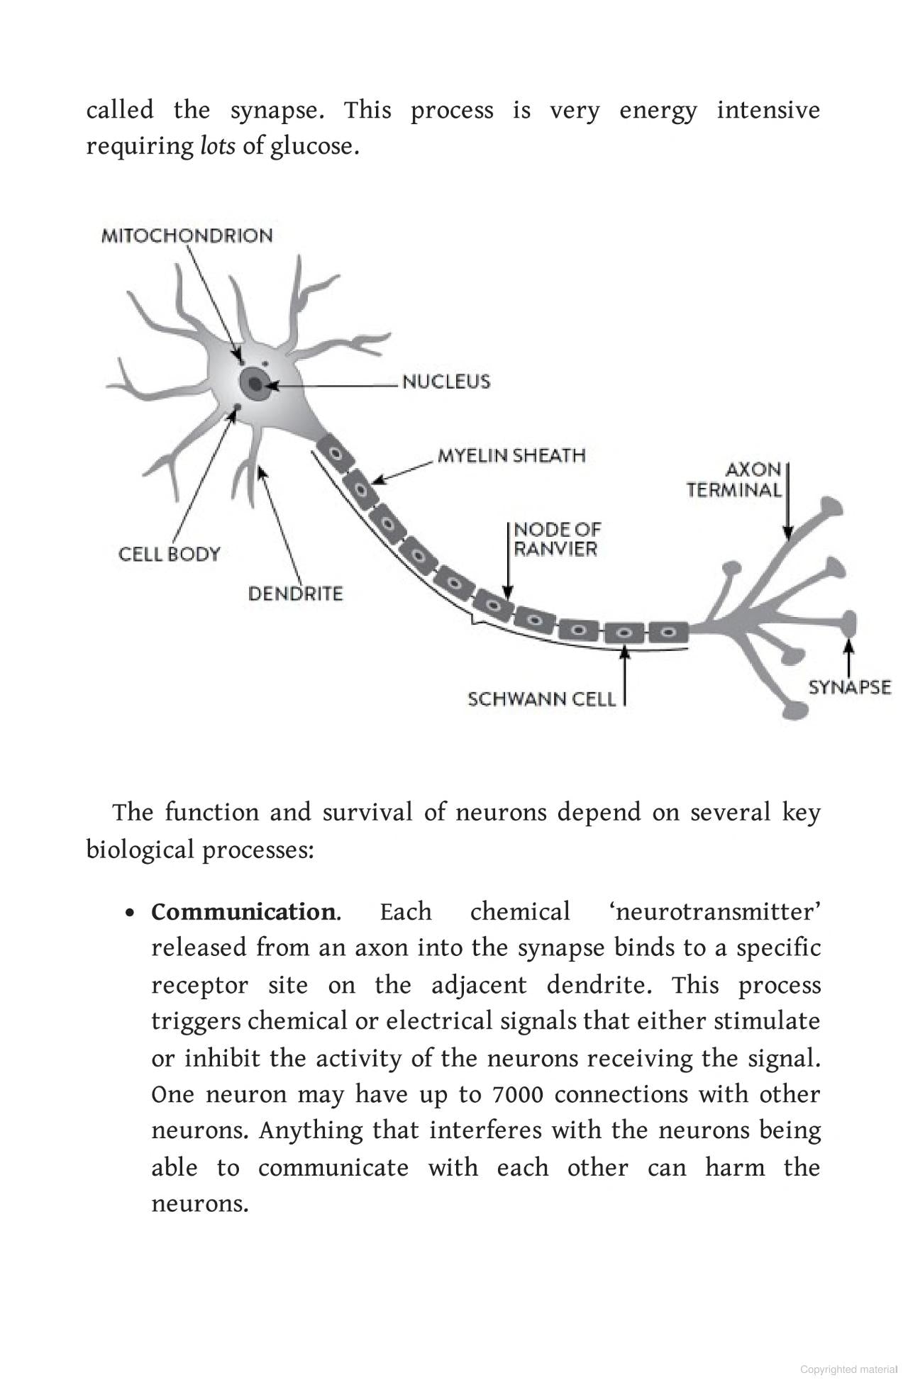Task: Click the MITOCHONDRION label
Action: [187, 235]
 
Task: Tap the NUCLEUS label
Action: [446, 382]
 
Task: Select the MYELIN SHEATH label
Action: [511, 455]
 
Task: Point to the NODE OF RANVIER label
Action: [556, 539]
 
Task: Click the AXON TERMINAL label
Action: [733, 479]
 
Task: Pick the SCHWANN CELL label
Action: [541, 699]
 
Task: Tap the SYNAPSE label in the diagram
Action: [849, 686]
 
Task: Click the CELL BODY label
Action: [169, 554]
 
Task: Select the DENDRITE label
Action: [295, 593]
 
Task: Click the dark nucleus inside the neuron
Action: [253, 384]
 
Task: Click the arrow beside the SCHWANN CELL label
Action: [625, 677]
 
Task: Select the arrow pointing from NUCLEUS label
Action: [333, 385]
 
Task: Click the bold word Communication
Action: [243, 911]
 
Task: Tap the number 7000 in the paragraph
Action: [517, 1094]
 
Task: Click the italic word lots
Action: [217, 146]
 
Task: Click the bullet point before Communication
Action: [129, 913]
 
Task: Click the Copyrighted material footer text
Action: [848, 1369]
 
